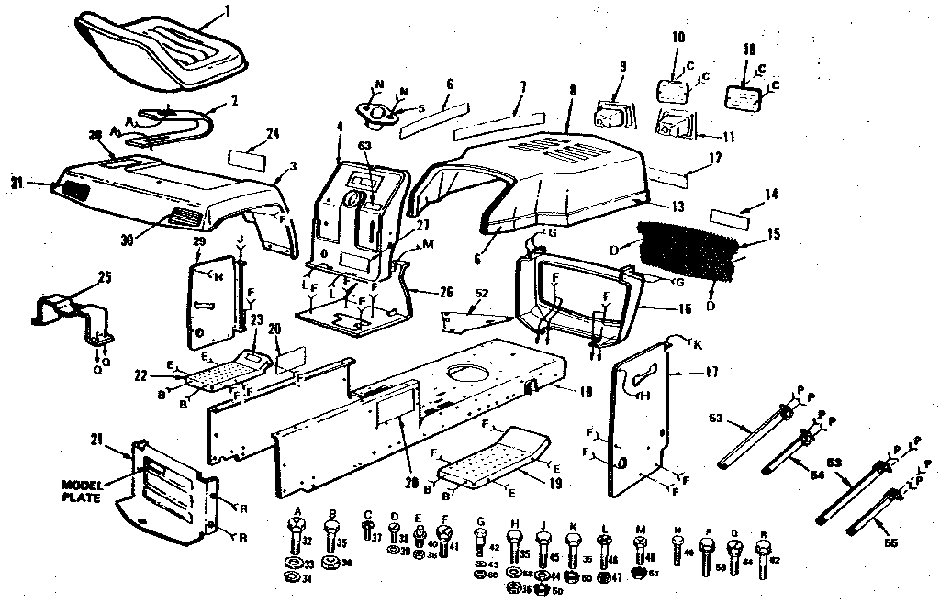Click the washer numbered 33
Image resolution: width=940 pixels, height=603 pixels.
[x=294, y=561]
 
